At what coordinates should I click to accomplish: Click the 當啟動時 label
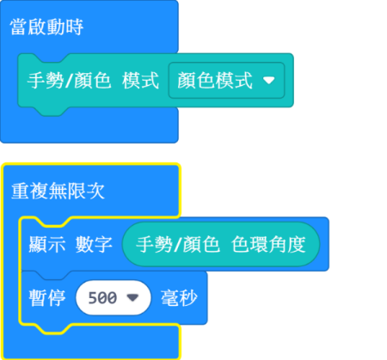[x=46, y=27]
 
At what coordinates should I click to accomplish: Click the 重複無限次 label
[x=58, y=191]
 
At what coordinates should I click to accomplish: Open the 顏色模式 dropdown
[x=226, y=81]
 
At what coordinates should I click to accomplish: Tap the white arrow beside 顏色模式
[x=269, y=81]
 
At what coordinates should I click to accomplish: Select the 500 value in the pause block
[x=102, y=298]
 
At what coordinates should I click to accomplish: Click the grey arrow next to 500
[x=132, y=298]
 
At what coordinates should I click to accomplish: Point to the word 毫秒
[x=179, y=298]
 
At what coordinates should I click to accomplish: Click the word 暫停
[x=47, y=298]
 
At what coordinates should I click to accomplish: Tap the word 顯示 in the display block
[x=47, y=244]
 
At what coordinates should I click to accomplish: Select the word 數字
[x=94, y=244]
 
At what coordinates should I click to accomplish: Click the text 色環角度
[x=268, y=244]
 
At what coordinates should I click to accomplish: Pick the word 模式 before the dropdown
[x=140, y=81]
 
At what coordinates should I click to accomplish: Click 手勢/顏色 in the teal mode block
[x=69, y=81]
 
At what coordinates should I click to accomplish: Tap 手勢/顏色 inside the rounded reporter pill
[x=178, y=244]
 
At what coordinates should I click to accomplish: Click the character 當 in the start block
[x=19, y=27]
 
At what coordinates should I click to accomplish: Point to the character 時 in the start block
[x=74, y=27]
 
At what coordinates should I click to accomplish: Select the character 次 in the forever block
[x=96, y=191]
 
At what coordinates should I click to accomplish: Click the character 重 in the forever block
[x=21, y=191]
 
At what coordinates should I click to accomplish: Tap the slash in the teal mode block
[x=69, y=81]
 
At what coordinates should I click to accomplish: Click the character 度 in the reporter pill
[x=297, y=244]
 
